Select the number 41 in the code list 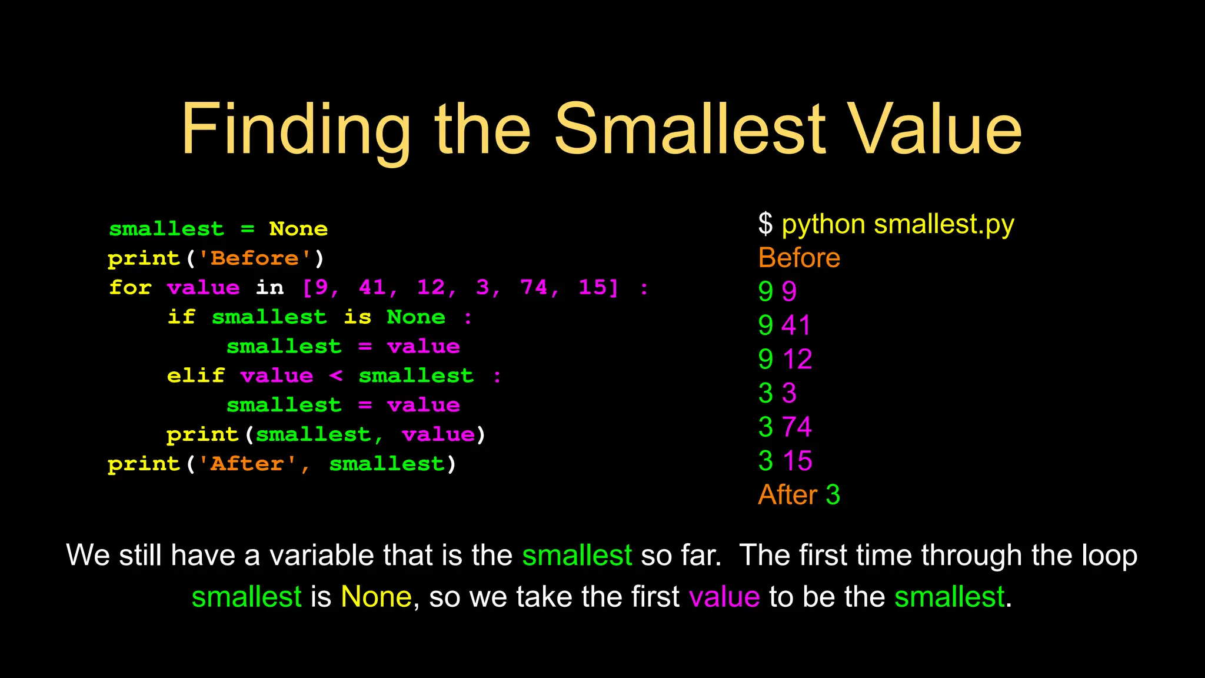click(372, 288)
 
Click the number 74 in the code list click(534, 288)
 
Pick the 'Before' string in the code click(255, 258)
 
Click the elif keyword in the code click(196, 375)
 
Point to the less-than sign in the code click(336, 375)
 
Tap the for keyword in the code click(130, 288)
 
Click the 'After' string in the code click(247, 464)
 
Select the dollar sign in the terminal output click(765, 224)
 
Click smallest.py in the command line click(944, 225)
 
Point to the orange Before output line click(799, 258)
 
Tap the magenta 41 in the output click(797, 325)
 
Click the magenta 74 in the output click(797, 427)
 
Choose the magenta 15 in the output click(797, 461)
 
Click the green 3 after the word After click(833, 495)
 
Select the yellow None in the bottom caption click(376, 597)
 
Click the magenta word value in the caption click(724, 597)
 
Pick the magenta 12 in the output click(797, 359)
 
